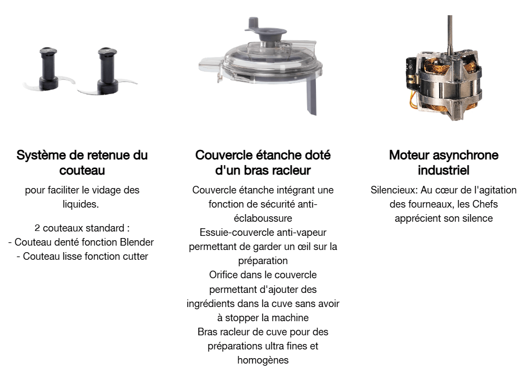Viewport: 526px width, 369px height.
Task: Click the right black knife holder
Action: (x=107, y=70)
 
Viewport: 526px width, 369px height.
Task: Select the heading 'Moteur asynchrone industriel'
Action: (x=443, y=162)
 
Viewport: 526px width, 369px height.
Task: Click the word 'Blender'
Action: (x=137, y=242)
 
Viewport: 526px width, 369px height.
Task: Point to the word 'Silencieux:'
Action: (x=394, y=190)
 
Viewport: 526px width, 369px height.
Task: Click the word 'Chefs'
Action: (x=485, y=204)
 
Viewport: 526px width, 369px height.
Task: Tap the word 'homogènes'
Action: (x=263, y=360)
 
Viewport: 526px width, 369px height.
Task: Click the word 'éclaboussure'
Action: (x=263, y=218)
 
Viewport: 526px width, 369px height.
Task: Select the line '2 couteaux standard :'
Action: (x=82, y=228)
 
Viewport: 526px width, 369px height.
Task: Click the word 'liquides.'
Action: (x=81, y=204)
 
